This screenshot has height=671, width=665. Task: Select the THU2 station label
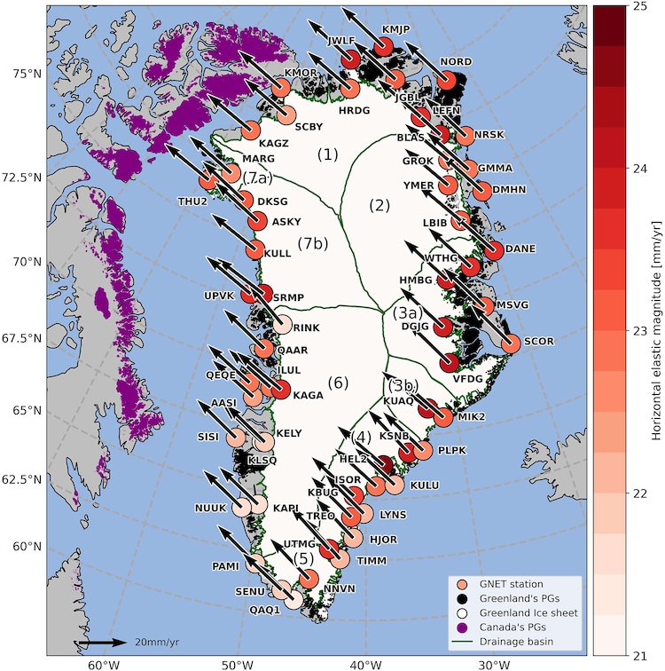tap(193, 201)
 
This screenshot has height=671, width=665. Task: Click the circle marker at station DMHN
tap(481, 190)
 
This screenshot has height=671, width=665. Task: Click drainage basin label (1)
tap(328, 154)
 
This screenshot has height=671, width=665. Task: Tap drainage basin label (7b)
tap(313, 242)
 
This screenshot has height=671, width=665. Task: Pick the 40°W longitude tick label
tap(363, 663)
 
